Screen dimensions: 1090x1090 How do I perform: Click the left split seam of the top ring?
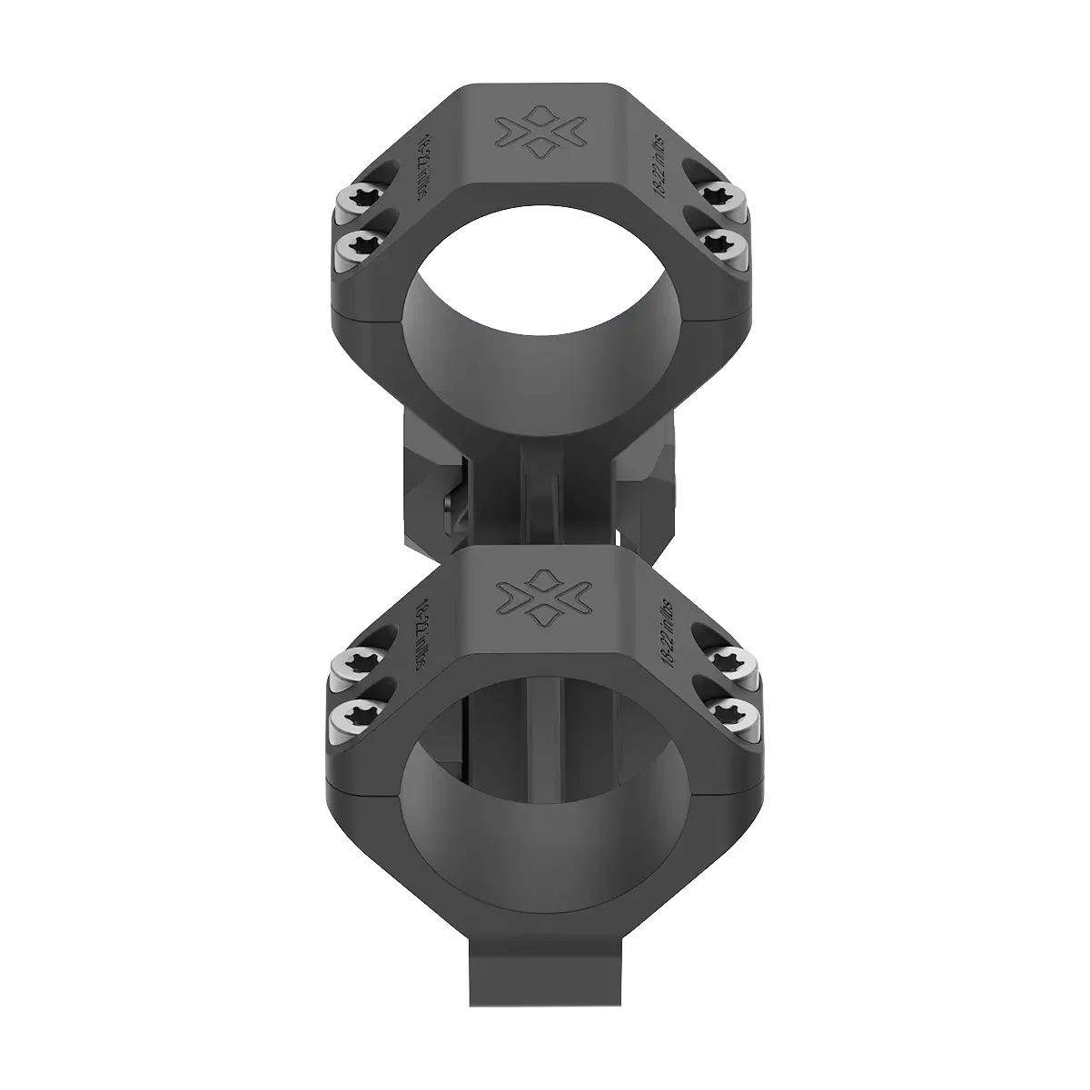coord(368,317)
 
